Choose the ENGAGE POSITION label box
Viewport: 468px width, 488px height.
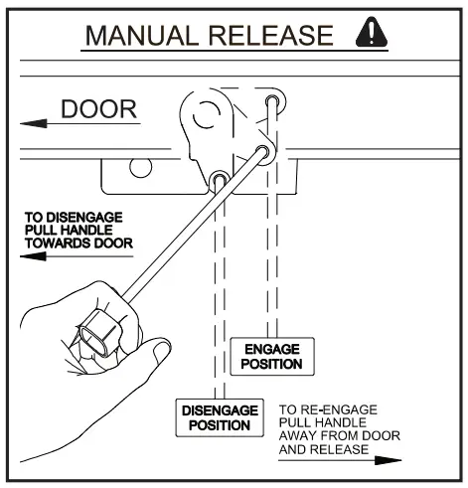point(271,357)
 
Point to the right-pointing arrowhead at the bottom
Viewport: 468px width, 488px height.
point(394,459)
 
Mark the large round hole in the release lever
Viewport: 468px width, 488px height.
point(206,118)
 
